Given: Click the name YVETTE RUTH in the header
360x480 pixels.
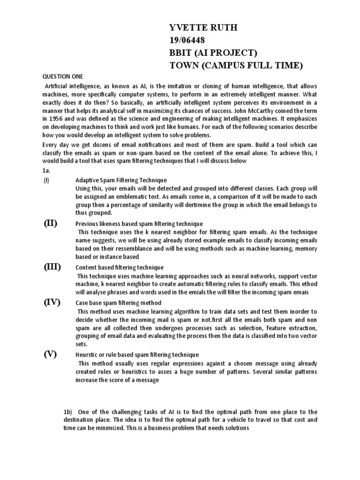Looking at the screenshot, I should (x=203, y=28).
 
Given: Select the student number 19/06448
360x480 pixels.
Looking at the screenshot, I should (x=187, y=40).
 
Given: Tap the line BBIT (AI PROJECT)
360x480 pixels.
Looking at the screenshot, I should (x=213, y=52).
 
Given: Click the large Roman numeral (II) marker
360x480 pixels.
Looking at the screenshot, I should (x=51, y=223).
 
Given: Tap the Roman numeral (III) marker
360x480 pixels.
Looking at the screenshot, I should (x=52, y=267).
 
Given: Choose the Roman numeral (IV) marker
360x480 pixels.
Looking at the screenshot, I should (x=52, y=302).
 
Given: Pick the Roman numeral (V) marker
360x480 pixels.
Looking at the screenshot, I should (x=51, y=354).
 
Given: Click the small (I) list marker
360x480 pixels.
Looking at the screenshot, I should (x=46, y=180).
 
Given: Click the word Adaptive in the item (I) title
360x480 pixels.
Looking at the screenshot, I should (x=88, y=180).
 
